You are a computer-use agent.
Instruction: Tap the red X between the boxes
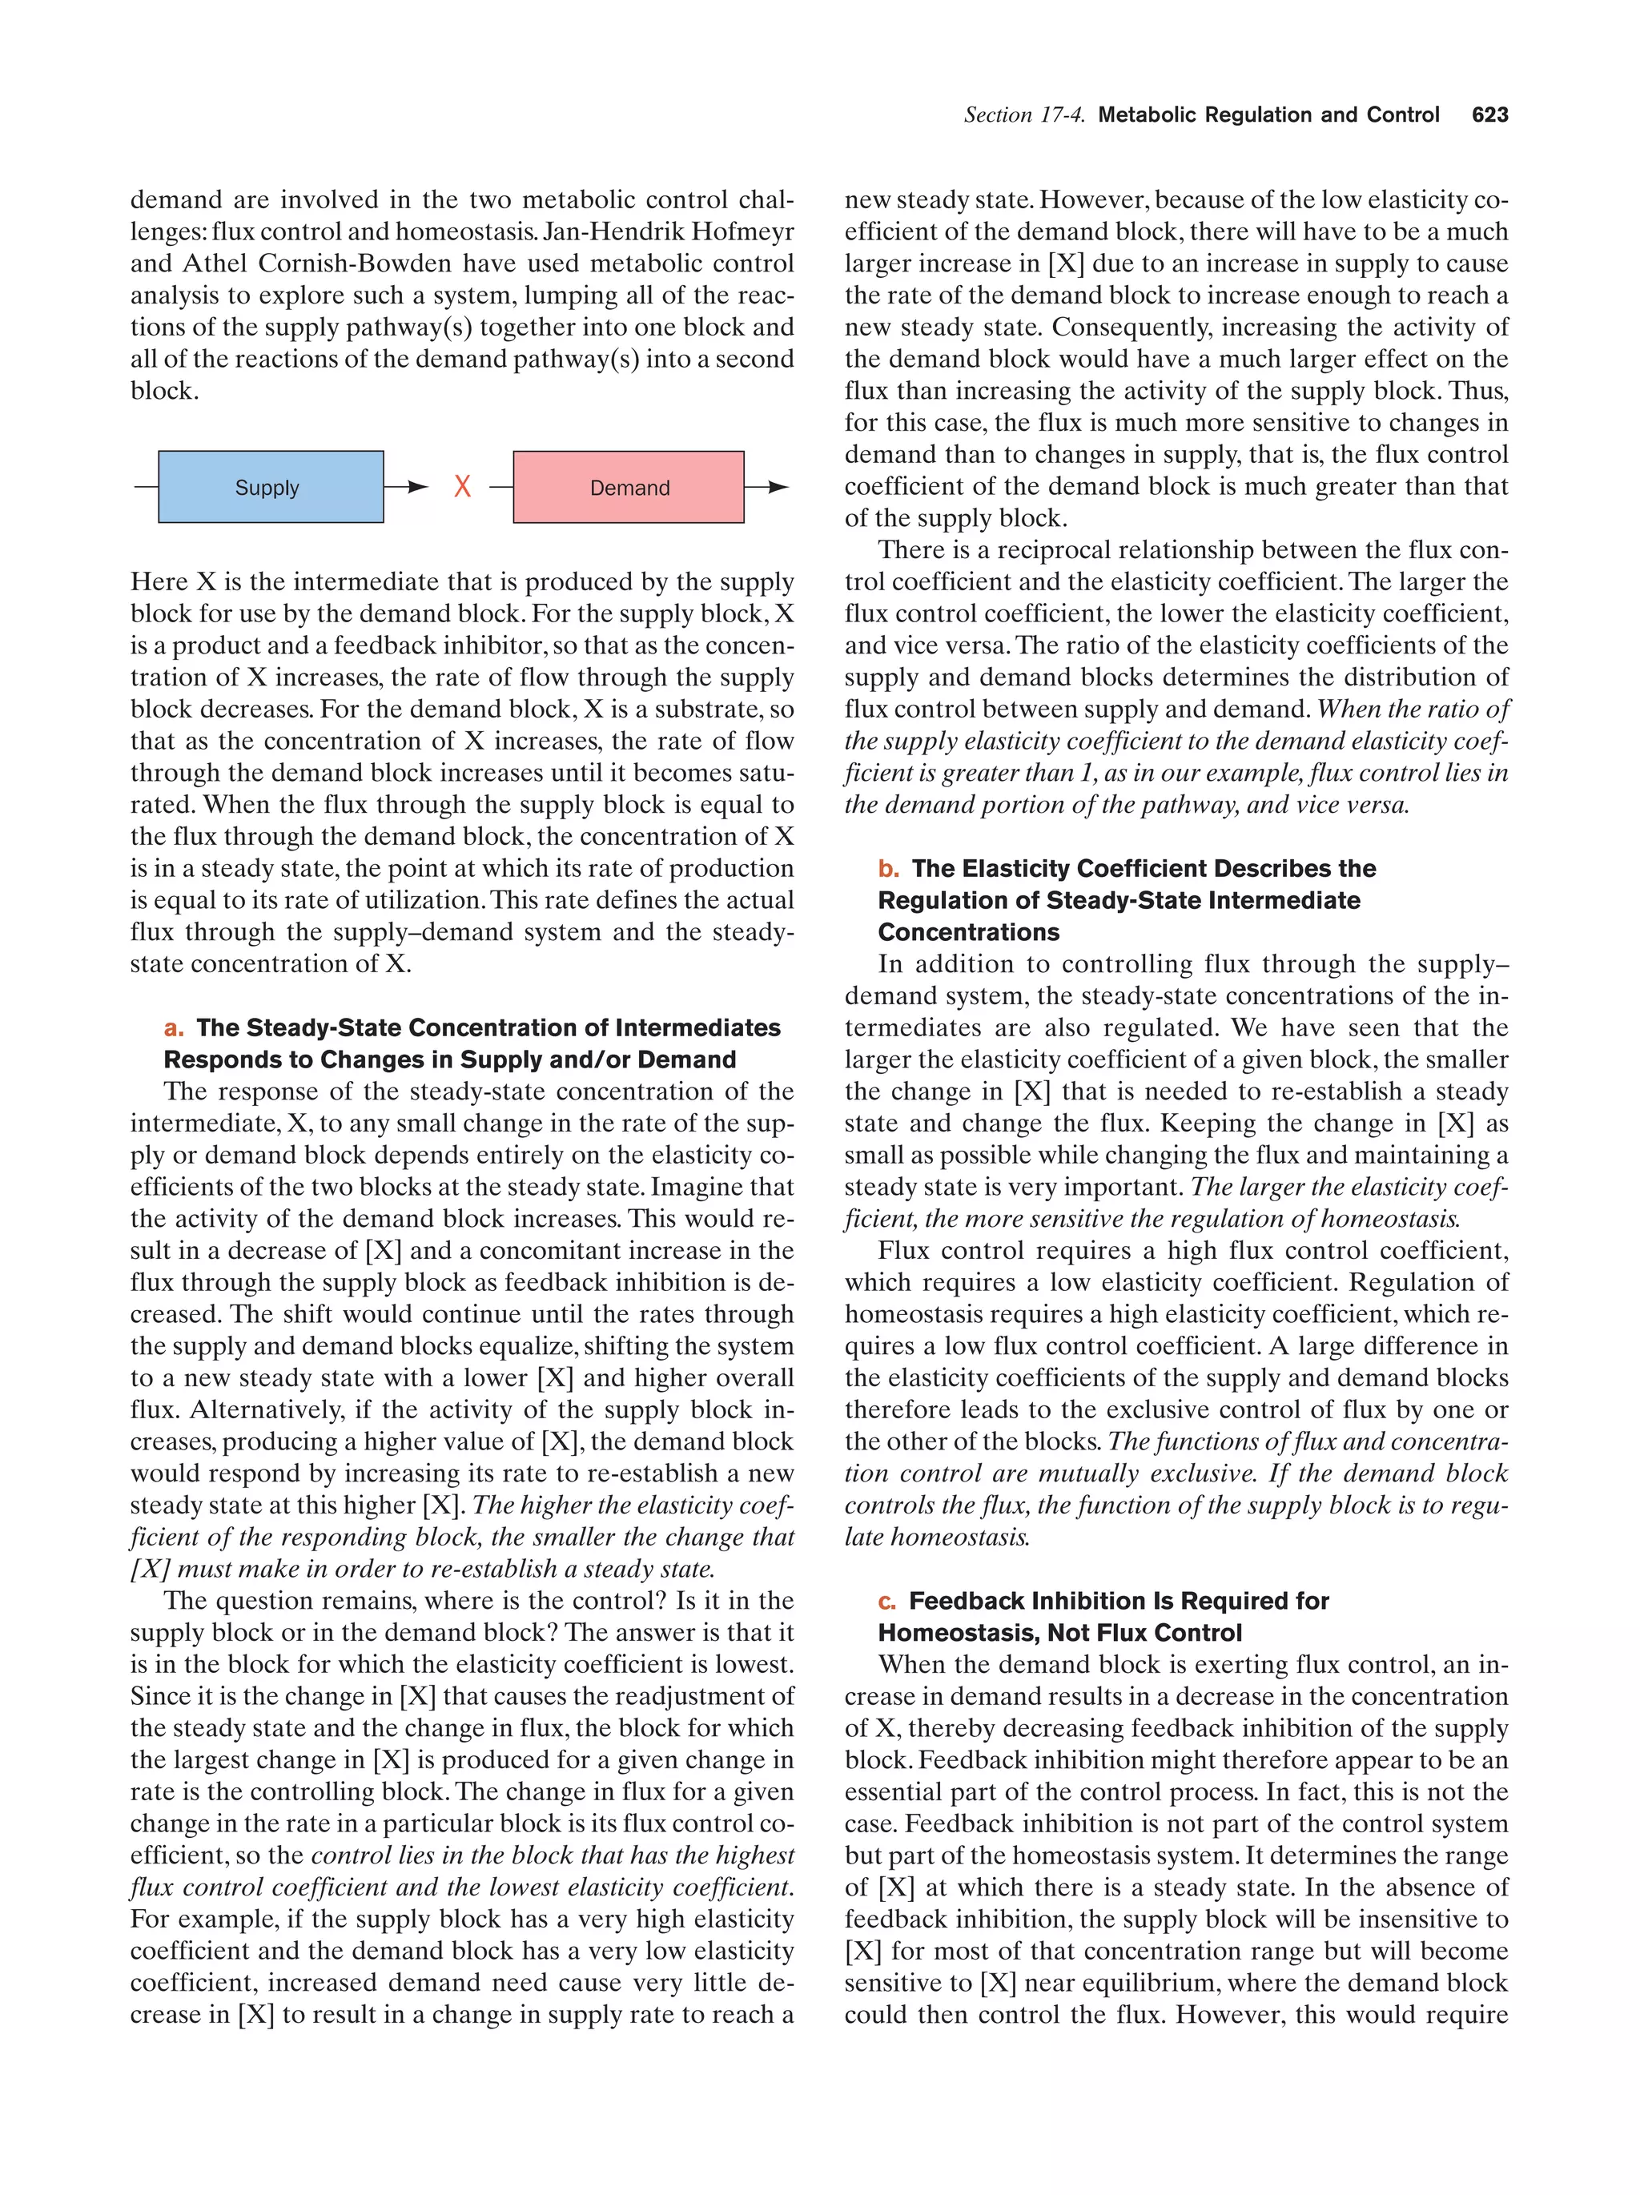pos(462,486)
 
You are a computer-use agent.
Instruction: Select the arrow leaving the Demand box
pos(768,487)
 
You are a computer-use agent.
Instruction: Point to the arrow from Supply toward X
pos(406,487)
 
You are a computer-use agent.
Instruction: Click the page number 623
pos(1489,115)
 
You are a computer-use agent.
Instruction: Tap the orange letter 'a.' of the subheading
pos(175,1028)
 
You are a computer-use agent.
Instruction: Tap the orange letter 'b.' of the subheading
pos(888,868)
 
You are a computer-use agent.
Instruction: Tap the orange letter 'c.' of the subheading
pos(887,1602)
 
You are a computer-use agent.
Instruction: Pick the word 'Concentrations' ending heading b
pos(968,933)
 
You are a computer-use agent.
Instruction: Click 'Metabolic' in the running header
pos(1147,115)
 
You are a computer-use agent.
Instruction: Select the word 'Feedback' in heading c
pos(967,1602)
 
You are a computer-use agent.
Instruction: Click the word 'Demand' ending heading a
pos(685,1059)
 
